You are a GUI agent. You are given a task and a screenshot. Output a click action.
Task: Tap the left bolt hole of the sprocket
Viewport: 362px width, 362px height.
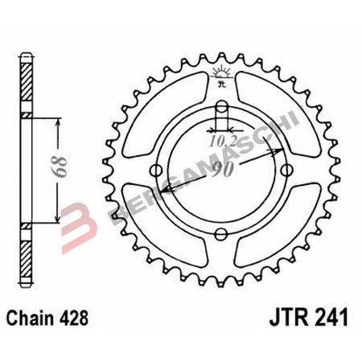pyautogui.click(x=158, y=168)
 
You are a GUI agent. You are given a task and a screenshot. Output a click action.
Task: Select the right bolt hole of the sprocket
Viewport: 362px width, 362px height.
pyautogui.click(x=286, y=168)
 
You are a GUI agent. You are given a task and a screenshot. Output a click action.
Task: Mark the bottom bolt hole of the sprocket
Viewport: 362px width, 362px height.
pyautogui.click(x=222, y=234)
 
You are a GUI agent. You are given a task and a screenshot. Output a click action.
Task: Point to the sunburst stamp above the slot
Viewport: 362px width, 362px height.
pyautogui.click(x=221, y=76)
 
